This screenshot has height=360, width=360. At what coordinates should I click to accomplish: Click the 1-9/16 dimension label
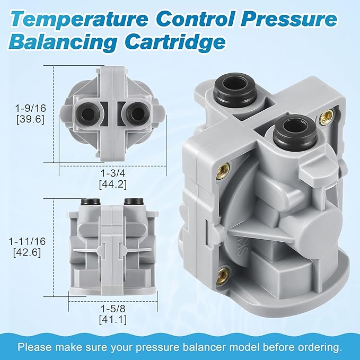tap(31, 108)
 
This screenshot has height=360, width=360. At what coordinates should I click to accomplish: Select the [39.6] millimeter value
tap(31, 119)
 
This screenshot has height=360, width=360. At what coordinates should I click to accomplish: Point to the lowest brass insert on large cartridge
tap(223, 274)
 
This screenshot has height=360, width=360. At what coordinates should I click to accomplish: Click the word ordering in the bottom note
tap(321, 347)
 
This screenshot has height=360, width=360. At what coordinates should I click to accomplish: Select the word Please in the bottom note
tap(33, 347)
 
